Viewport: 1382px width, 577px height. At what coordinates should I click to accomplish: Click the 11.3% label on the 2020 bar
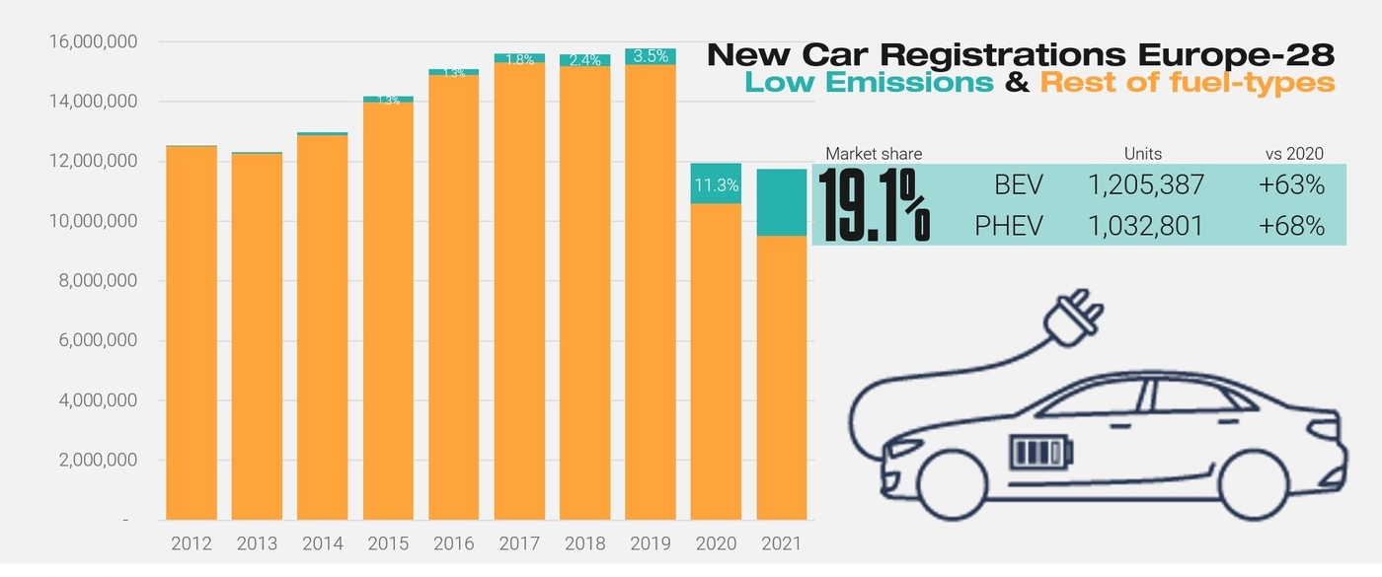pyautogui.click(x=716, y=184)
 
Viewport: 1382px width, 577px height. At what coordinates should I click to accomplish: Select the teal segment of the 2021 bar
pyautogui.click(x=781, y=202)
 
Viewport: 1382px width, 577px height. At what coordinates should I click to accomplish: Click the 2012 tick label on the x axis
pyautogui.click(x=192, y=543)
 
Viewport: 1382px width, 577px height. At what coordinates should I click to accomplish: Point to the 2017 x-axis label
pyautogui.click(x=519, y=543)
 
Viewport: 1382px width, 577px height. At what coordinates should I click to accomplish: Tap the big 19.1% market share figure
pyautogui.click(x=874, y=206)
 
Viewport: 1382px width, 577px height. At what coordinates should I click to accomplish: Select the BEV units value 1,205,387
pyautogui.click(x=1145, y=183)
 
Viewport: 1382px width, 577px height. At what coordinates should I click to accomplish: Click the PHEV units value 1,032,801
pyautogui.click(x=1145, y=226)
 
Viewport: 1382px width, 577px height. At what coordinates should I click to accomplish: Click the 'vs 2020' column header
pyautogui.click(x=1294, y=154)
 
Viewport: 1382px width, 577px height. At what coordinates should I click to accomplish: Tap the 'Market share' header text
pyautogui.click(x=874, y=154)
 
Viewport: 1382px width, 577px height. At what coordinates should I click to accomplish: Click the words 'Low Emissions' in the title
pyautogui.click(x=869, y=83)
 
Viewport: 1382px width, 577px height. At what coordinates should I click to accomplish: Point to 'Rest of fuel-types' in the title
pyautogui.click(x=1188, y=83)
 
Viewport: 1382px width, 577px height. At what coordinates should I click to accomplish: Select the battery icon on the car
pyautogui.click(x=1039, y=454)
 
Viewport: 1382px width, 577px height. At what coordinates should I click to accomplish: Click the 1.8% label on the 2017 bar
pyautogui.click(x=519, y=59)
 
